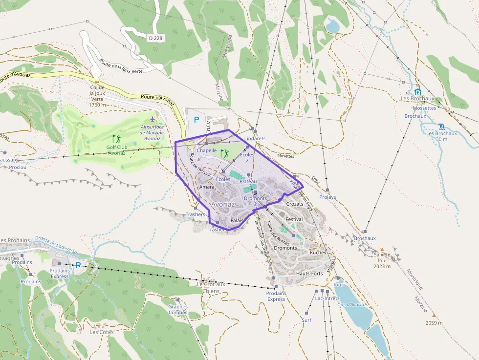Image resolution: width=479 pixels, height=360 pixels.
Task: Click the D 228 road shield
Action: pos(156,38)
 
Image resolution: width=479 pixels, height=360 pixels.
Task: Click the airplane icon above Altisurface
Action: pos(152,119)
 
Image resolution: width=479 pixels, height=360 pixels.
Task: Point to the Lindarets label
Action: pos(255,139)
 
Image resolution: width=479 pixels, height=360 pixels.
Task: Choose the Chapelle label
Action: pos(207,150)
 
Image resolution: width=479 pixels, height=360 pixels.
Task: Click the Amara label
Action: pos(208,187)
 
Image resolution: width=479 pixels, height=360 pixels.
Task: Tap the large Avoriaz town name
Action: pos(223,204)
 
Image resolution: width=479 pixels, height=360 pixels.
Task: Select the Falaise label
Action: pos(238,221)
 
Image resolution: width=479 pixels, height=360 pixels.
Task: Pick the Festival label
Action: pos(294,219)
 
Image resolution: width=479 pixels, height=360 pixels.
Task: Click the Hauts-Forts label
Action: pos(309,274)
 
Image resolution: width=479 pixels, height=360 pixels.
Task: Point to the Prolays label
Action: pos(327,197)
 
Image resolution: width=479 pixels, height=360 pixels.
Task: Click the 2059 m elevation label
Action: pos(434,323)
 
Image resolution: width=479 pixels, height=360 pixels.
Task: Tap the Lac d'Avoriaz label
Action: pos(352,305)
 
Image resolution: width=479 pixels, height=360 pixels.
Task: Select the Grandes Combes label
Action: pos(178,310)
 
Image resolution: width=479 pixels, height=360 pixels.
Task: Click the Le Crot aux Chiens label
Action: pos(211,287)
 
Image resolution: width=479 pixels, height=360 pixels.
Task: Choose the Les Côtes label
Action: pos(102,332)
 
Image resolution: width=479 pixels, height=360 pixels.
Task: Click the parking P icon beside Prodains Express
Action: pos(78,265)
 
